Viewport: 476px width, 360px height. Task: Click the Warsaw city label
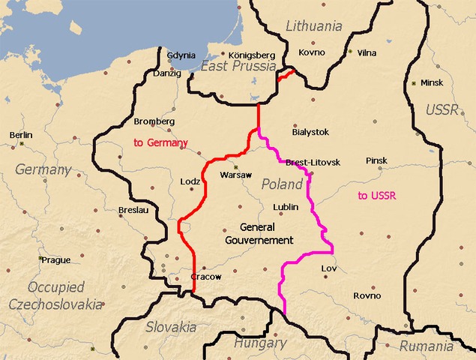click(235, 175)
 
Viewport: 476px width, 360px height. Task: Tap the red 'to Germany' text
click(160, 142)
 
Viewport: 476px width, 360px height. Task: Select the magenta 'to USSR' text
click(376, 196)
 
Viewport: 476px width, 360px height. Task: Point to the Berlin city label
click(21, 135)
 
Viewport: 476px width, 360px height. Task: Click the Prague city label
click(56, 260)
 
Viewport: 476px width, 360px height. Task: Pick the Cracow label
click(206, 277)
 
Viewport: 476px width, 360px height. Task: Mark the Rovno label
click(367, 295)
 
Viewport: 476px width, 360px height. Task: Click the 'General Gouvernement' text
click(259, 233)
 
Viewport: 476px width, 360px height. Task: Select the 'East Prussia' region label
click(230, 67)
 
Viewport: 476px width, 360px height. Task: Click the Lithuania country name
click(313, 26)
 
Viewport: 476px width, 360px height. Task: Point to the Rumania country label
click(426, 346)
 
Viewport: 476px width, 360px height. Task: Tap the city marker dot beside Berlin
click(22, 143)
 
